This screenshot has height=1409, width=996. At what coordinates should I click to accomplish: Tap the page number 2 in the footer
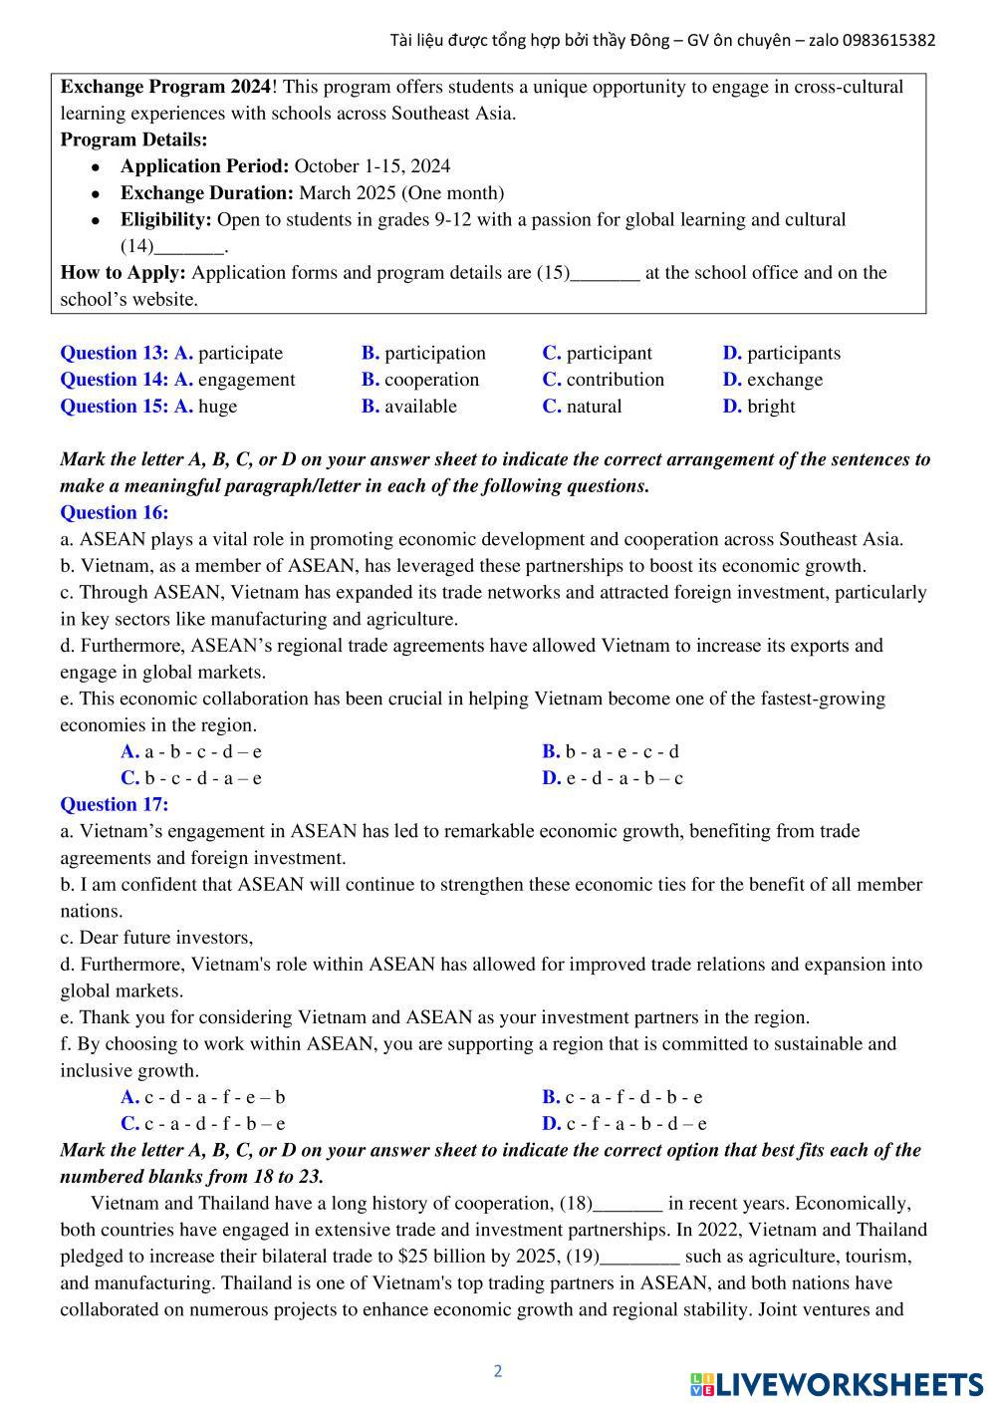click(498, 1371)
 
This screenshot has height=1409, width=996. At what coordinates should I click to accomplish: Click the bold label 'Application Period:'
click(204, 166)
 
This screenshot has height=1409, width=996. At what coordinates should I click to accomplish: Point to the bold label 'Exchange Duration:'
click(206, 193)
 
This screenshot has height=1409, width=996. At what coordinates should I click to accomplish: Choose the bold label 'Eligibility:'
click(166, 219)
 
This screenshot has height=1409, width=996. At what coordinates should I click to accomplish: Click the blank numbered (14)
click(190, 246)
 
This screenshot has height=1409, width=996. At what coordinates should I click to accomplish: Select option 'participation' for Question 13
click(434, 353)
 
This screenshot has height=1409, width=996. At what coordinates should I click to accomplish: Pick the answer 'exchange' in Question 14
click(784, 380)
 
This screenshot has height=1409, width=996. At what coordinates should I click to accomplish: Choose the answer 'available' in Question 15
click(420, 407)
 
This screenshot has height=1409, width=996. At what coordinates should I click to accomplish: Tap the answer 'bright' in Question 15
click(770, 407)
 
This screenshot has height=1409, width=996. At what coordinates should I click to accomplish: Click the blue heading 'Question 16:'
click(115, 513)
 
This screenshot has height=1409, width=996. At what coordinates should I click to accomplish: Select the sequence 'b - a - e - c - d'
click(622, 751)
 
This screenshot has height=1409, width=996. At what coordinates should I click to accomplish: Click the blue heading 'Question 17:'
click(115, 804)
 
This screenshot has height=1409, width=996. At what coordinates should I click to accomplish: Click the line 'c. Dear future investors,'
click(156, 938)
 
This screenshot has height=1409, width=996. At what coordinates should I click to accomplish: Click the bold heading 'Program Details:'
click(134, 140)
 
